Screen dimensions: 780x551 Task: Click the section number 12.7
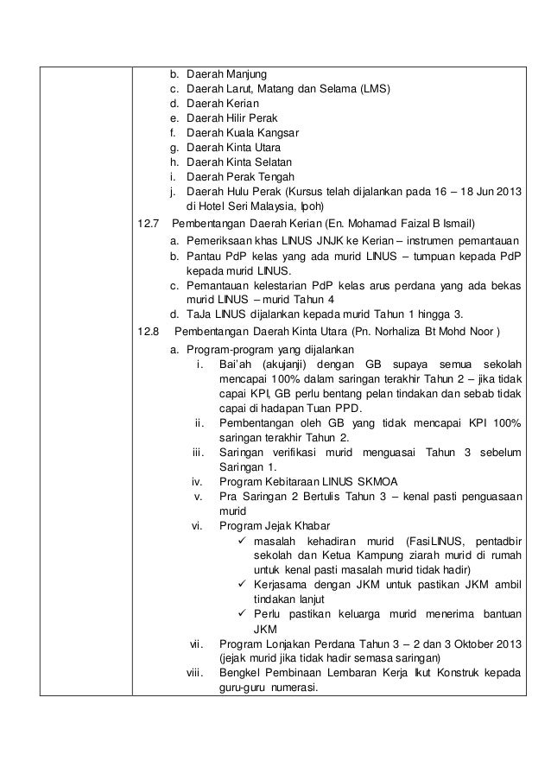click(x=149, y=225)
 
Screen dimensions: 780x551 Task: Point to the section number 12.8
click(x=149, y=331)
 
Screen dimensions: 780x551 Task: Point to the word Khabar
click(x=319, y=525)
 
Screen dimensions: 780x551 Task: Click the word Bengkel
click(x=239, y=674)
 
